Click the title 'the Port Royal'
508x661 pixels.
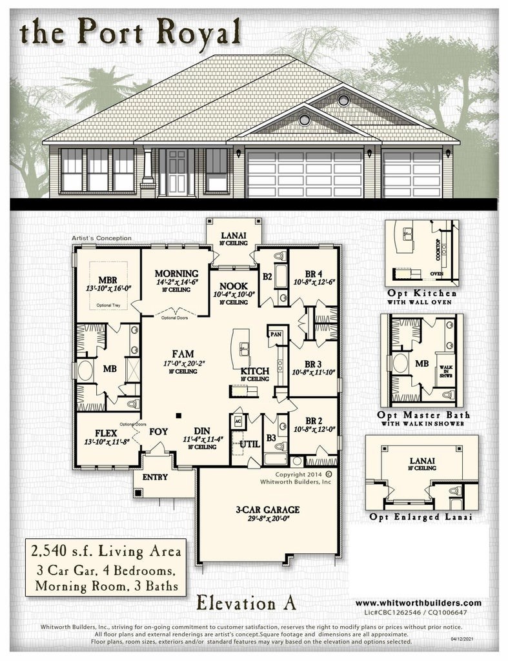pyautogui.click(x=131, y=32)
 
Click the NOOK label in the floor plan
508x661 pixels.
pyautogui.click(x=230, y=285)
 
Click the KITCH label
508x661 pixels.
pyautogui.click(x=254, y=372)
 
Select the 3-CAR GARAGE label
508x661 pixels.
pyautogui.click(x=267, y=509)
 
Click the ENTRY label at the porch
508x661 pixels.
pyautogui.click(x=154, y=477)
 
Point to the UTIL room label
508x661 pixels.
pyautogui.click(x=249, y=444)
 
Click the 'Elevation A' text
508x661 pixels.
pyautogui.click(x=247, y=603)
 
